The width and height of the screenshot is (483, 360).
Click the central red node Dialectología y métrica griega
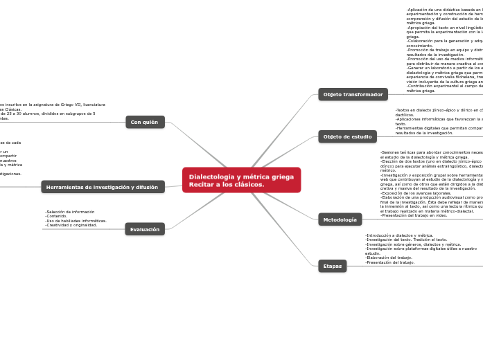click(x=241, y=177)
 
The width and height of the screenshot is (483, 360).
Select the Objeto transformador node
click(x=353, y=94)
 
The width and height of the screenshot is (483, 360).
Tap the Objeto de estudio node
click(x=347, y=136)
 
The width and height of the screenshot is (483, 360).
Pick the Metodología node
click(x=340, y=219)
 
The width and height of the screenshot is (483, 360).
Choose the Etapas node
click(x=333, y=266)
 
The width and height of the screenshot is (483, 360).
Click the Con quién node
click(x=145, y=122)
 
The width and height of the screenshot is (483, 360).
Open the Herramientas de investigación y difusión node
click(x=103, y=187)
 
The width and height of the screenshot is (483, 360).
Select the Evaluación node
click(x=145, y=229)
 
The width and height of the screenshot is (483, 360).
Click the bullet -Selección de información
click(x=70, y=212)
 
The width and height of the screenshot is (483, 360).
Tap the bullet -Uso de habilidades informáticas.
click(x=76, y=221)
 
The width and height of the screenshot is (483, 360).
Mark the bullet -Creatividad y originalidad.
click(x=71, y=225)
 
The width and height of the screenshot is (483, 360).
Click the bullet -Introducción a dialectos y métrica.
click(x=399, y=235)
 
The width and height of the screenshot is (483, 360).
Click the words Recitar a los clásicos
click(x=227, y=185)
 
